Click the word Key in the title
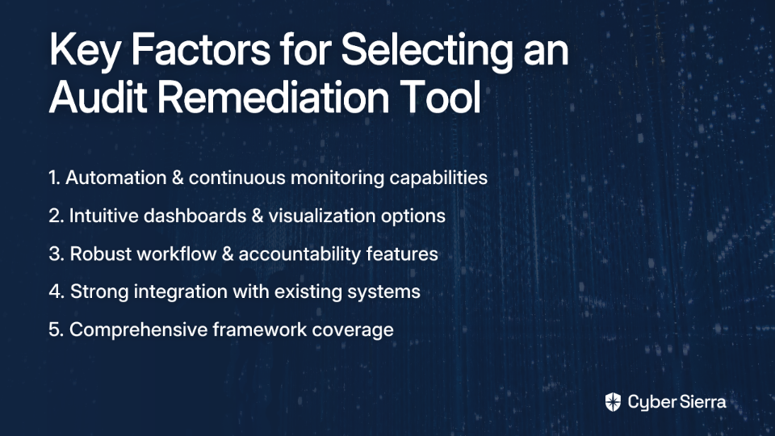(x=84, y=50)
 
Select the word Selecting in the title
(x=427, y=50)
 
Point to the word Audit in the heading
(x=98, y=96)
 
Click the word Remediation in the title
(x=273, y=96)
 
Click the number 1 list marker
(x=54, y=178)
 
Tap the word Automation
(x=116, y=178)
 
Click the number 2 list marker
(x=57, y=216)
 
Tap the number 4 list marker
(x=57, y=291)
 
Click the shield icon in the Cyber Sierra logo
(x=613, y=402)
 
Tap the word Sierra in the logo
(x=702, y=402)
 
